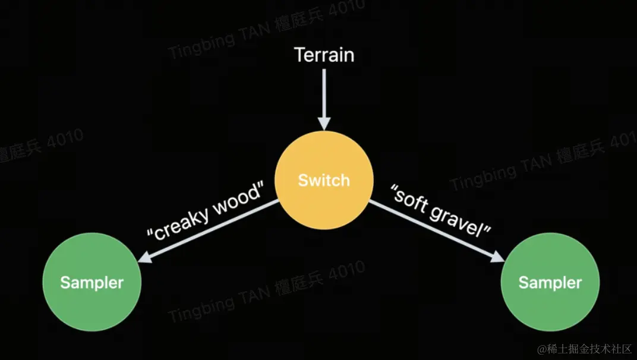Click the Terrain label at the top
click(324, 55)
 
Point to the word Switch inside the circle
click(324, 180)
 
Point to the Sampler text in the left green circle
click(92, 282)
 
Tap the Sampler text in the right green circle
click(550, 282)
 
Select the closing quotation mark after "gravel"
click(487, 232)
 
